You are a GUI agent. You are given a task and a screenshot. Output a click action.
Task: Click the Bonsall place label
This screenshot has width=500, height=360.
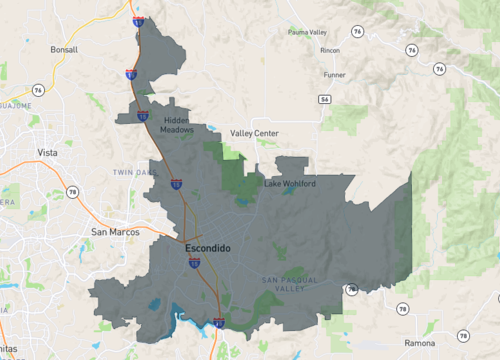coord(64,48)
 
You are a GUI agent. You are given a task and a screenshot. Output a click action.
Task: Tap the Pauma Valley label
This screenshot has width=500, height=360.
coord(306,32)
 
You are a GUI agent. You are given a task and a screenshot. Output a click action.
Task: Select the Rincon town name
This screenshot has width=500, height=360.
coord(330,50)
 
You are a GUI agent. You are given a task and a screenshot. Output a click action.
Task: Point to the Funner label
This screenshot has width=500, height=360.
coord(335,74)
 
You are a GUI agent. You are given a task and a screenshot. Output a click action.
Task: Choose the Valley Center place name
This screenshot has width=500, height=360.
coord(254,133)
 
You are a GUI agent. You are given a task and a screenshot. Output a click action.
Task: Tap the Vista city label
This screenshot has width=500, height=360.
coord(47,152)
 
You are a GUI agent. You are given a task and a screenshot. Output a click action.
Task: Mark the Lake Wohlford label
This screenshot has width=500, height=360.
coord(290,184)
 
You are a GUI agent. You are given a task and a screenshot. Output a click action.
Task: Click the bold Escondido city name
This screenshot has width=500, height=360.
coord(209,247)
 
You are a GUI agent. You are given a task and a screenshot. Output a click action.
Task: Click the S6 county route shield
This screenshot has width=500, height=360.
coord(325,99)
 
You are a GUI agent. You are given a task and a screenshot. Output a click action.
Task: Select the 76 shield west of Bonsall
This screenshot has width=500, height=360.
coord(38,90)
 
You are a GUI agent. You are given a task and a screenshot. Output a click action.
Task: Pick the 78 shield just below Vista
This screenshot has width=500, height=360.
coord(72,191)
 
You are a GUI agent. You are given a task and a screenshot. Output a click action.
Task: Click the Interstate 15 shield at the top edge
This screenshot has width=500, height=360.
coord(137,20)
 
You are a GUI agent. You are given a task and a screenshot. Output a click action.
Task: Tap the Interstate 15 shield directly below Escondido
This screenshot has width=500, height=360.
coord(194,263)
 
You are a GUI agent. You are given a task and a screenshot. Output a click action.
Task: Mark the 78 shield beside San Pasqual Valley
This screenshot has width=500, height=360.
coord(352,289)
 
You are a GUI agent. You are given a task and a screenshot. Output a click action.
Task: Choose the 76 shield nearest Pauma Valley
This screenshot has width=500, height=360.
coord(358,31)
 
